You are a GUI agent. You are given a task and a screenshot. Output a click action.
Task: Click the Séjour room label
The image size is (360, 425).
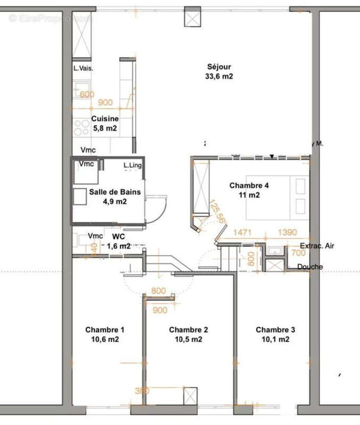click(220, 67)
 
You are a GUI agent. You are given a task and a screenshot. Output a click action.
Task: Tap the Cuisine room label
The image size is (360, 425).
click(105, 119)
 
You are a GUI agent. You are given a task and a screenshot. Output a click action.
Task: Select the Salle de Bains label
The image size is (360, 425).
click(115, 192)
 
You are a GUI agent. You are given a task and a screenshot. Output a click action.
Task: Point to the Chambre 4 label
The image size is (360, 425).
click(249, 185)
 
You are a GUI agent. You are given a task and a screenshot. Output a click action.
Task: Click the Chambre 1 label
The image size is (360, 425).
click(105, 330)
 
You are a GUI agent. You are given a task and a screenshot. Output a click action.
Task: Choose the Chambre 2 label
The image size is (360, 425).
click(188, 330)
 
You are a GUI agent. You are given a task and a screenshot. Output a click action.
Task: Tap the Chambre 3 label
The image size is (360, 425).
click(275, 330)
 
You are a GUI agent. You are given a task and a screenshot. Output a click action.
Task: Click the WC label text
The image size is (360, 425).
click(118, 236)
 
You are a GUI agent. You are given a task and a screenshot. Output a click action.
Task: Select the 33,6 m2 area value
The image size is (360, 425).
click(220, 76)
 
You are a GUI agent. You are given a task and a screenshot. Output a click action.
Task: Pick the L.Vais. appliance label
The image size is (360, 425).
click(84, 69)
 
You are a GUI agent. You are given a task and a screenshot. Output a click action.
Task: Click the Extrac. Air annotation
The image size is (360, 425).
click(317, 246)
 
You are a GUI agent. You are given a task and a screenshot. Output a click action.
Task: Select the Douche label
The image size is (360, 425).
click(310, 267)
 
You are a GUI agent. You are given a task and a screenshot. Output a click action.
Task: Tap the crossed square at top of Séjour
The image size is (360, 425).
click(191, 16)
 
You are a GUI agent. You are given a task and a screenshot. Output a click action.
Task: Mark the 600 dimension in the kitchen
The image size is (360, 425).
click(87, 95)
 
